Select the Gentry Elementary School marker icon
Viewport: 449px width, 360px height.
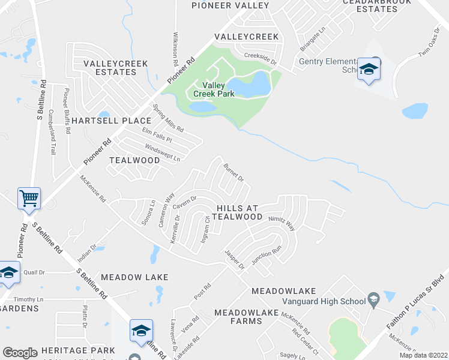pyautogui.click(x=368, y=69)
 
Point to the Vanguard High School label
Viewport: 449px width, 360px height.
pyautogui.click(x=325, y=301)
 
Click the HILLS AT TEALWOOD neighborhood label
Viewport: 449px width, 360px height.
pyautogui.click(x=236, y=212)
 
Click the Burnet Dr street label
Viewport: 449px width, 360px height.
pyautogui.click(x=234, y=172)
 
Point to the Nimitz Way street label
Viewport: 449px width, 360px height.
pyautogui.click(x=282, y=223)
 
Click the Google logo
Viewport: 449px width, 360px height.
pyautogui.click(x=20, y=353)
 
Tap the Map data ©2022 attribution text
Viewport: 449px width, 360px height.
pyautogui.click(x=423, y=355)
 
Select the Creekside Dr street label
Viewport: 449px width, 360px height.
pyautogui.click(x=260, y=57)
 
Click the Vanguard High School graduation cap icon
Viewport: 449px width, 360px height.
pyautogui.click(x=373, y=299)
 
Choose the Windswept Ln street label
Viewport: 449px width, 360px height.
pyautogui.click(x=162, y=152)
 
